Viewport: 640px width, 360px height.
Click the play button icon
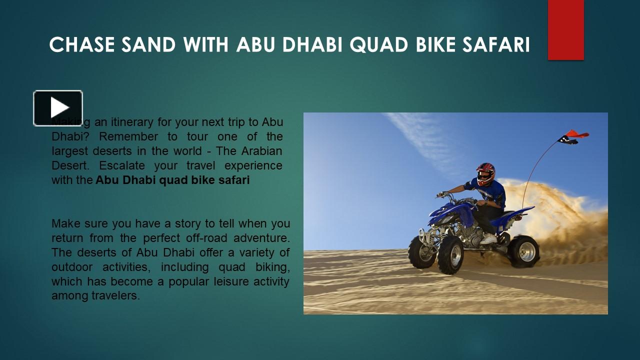58,108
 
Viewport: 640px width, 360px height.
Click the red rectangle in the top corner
565,30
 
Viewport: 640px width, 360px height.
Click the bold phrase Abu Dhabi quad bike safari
172,180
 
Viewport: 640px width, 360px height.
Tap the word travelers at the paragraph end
115,296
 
